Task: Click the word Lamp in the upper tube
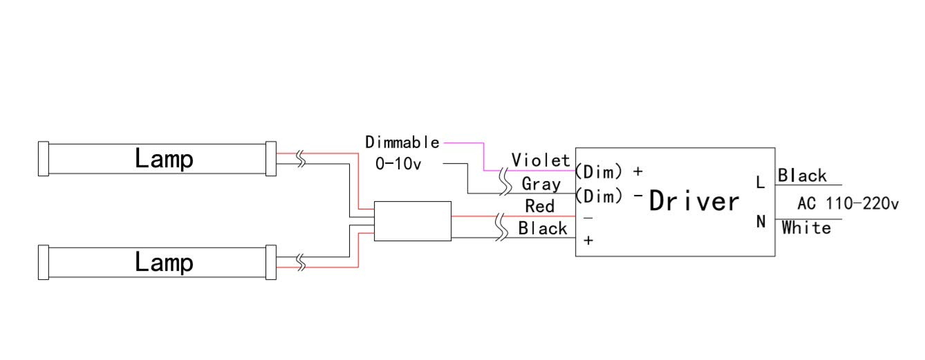click(164, 159)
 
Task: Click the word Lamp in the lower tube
click(164, 263)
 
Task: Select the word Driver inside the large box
click(694, 201)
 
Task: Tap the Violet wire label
click(541, 160)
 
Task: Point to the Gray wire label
click(541, 184)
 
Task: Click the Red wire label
click(539, 206)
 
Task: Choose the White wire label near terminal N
click(806, 228)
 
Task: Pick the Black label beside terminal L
click(802, 176)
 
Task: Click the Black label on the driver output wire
click(543, 228)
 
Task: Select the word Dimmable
click(402, 142)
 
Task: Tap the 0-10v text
click(398, 164)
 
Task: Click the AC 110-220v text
click(848, 204)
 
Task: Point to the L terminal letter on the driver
click(760, 182)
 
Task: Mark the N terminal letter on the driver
click(761, 222)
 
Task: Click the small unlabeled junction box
click(413, 221)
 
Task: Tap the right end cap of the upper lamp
click(271, 159)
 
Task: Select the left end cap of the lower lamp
click(44, 263)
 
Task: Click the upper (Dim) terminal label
click(599, 171)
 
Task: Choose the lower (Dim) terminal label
click(599, 196)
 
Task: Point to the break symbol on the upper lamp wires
click(301, 159)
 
